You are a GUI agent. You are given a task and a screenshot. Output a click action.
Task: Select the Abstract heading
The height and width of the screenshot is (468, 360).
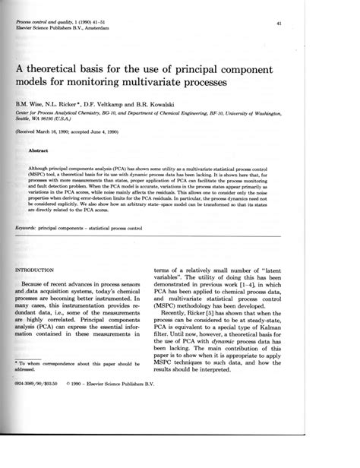39,150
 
